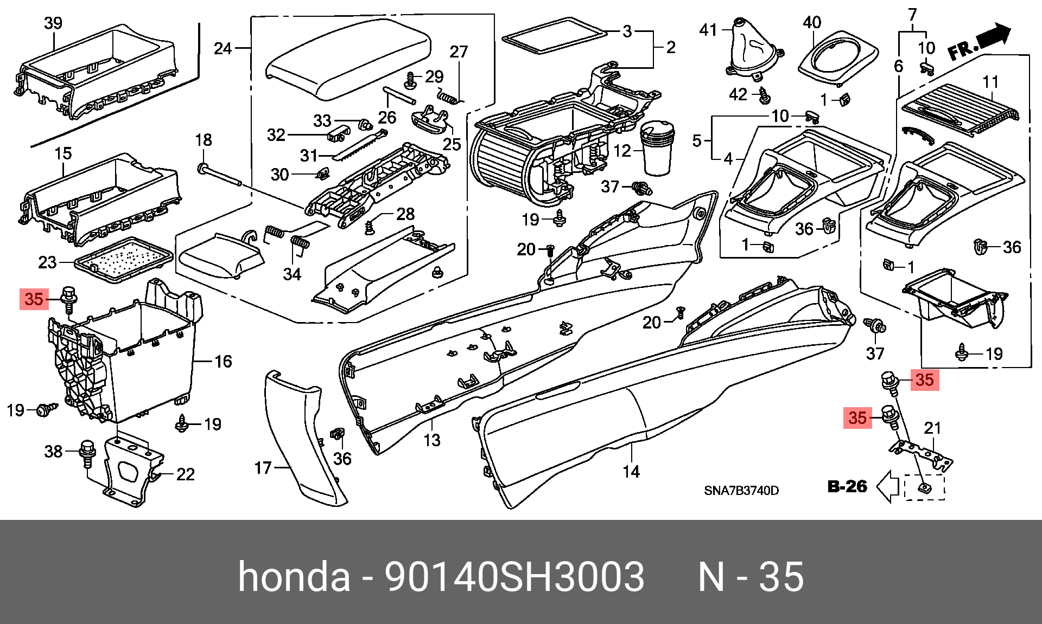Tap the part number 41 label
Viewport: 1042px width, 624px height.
pyautogui.click(x=708, y=30)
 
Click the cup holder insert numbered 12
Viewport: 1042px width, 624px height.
pyautogui.click(x=657, y=148)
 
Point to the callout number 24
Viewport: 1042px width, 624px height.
pyautogui.click(x=223, y=49)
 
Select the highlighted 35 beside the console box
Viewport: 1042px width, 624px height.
pyautogui.click(x=34, y=299)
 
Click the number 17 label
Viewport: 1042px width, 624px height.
pyautogui.click(x=263, y=467)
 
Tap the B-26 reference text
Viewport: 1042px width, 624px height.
pyautogui.click(x=847, y=486)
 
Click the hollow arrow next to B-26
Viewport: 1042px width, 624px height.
pyautogui.click(x=888, y=486)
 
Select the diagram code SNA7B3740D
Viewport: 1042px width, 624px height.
pyautogui.click(x=741, y=491)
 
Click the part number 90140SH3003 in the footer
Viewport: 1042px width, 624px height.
pyautogui.click(x=514, y=576)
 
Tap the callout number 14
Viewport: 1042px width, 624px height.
pyautogui.click(x=631, y=472)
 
